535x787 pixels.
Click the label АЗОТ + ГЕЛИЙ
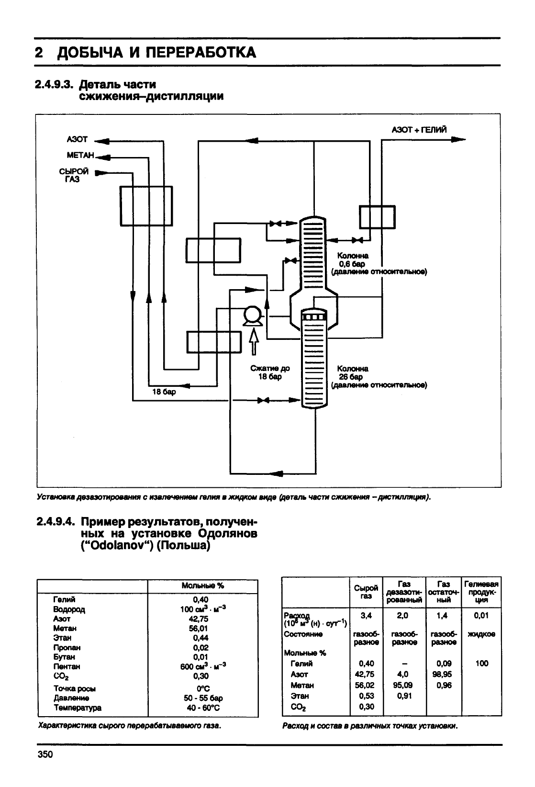pos(419,130)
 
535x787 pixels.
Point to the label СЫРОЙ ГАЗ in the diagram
pos(73,175)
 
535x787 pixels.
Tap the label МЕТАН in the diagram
pos(80,155)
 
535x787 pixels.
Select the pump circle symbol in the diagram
pos(253,315)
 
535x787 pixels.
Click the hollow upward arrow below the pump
pos(254,341)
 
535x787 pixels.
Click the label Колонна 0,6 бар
pos(352,259)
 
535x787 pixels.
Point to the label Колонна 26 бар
pos(352,372)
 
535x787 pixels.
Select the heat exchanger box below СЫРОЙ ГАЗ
pos(146,206)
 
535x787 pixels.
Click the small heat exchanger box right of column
pos(377,217)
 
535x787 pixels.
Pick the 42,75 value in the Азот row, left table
pos(199,618)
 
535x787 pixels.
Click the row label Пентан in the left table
pos(67,666)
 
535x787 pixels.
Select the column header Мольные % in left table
pos(203,585)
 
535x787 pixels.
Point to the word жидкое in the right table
pos(481,634)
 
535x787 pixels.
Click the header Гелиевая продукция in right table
pos(481,592)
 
